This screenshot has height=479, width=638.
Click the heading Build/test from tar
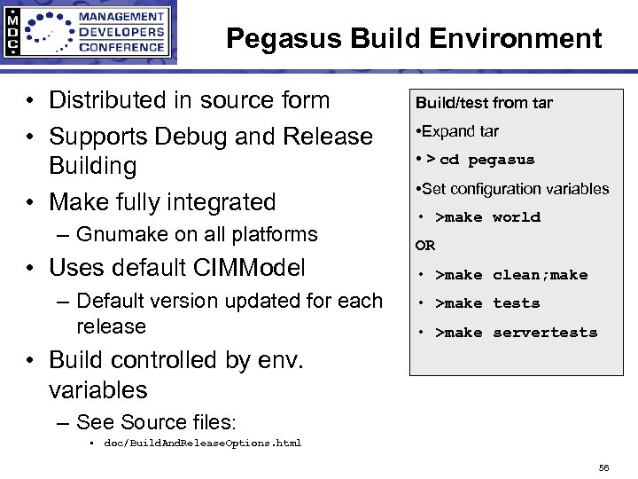[x=484, y=103]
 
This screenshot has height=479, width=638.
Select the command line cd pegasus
[x=486, y=160]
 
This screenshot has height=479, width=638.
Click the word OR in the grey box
[x=425, y=246]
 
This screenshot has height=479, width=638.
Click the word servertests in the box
[x=545, y=333]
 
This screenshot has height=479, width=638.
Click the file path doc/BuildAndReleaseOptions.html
[x=203, y=443]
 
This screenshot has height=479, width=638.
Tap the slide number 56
[x=603, y=467]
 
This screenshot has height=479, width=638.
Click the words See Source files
[x=154, y=421]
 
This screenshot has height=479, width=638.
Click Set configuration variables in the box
[x=515, y=189]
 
